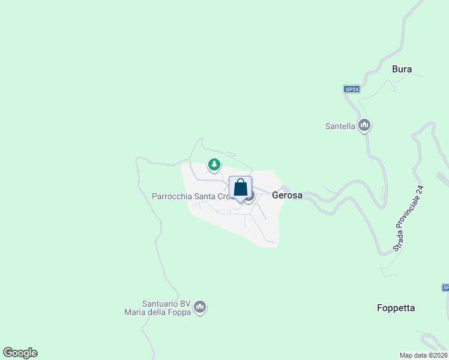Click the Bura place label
pyautogui.click(x=402, y=69)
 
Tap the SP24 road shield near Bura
pyautogui.click(x=352, y=89)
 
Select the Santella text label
pyautogui.click(x=340, y=126)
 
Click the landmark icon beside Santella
pyautogui.click(x=364, y=125)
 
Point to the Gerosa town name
pyautogui.click(x=286, y=195)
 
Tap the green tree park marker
pyautogui.click(x=214, y=164)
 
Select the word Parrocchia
pyautogui.click(x=171, y=196)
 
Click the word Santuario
pyautogui.click(x=161, y=303)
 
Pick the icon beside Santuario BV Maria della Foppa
pyautogui.click(x=200, y=307)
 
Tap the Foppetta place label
pyautogui.click(x=396, y=308)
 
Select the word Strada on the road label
pyautogui.click(x=397, y=242)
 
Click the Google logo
pyautogui.click(x=20, y=353)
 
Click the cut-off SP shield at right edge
pyautogui.click(x=445, y=287)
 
